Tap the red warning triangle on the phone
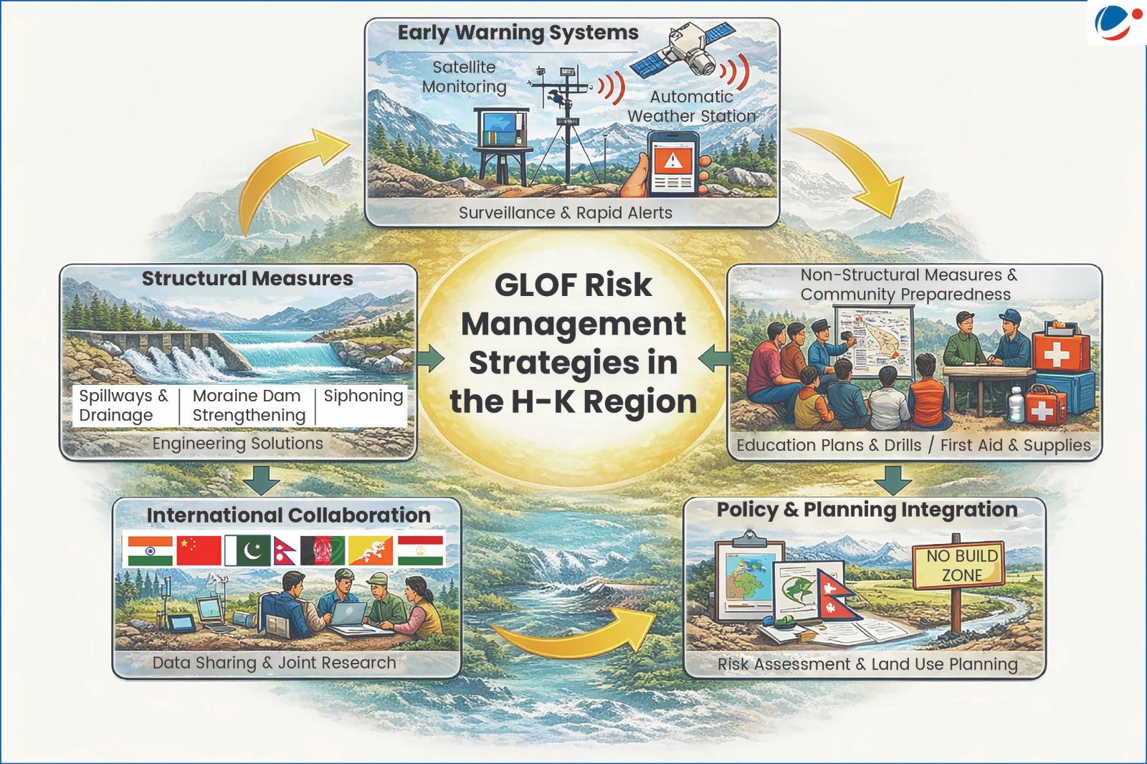click(x=672, y=161)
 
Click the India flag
click(x=150, y=550)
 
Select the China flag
click(x=199, y=550)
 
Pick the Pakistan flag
click(x=247, y=550)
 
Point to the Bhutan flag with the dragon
click(x=370, y=550)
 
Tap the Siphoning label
click(x=363, y=396)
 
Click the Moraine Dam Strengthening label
click(x=249, y=405)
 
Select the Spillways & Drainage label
click(x=123, y=405)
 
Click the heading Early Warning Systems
click(x=518, y=33)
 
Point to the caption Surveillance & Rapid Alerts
click(x=566, y=213)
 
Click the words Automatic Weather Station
click(x=691, y=107)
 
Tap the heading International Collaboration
click(x=289, y=515)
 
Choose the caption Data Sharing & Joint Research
click(x=275, y=663)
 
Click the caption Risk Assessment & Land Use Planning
click(x=867, y=664)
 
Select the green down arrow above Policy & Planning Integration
click(x=893, y=479)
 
